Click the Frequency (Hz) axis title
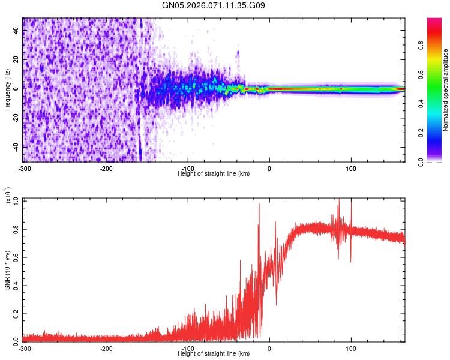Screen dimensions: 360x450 pyautogui.click(x=7, y=89)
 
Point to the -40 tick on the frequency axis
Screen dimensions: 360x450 pyautogui.click(x=15, y=147)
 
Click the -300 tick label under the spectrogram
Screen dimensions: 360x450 pyautogui.click(x=25, y=167)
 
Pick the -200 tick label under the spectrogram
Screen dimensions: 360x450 pyautogui.click(x=106, y=167)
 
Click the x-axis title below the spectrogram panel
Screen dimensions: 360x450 pyautogui.click(x=214, y=173)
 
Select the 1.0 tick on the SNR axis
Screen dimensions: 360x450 pyautogui.click(x=16, y=199)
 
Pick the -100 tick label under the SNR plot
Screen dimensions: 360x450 pyautogui.click(x=188, y=347)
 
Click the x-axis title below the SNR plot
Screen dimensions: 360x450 pyautogui.click(x=214, y=353)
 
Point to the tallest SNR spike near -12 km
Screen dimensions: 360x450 pyautogui.click(x=259, y=204)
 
